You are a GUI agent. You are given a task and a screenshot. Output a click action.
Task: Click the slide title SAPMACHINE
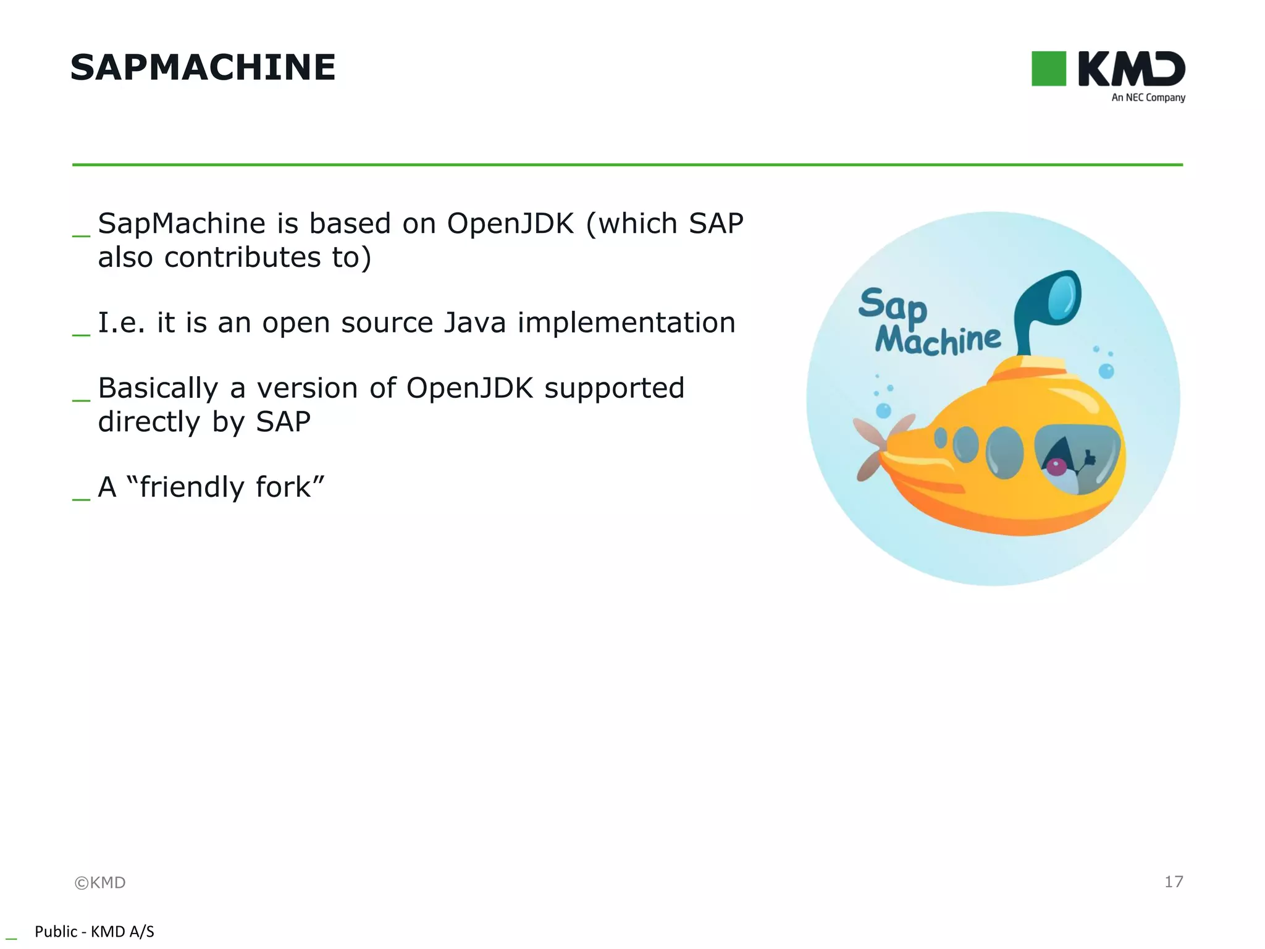[203, 67]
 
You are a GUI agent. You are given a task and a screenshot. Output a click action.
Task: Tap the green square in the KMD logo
[1048, 69]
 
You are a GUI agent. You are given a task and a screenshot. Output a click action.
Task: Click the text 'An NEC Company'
[1148, 98]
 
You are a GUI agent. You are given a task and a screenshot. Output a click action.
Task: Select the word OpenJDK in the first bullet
[510, 224]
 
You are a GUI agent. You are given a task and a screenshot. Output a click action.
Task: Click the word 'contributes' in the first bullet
[242, 258]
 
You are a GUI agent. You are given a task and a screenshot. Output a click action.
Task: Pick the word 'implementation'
[626, 323]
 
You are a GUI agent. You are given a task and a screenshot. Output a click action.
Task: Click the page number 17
[1173, 882]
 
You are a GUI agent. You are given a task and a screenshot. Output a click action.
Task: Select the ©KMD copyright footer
[100, 882]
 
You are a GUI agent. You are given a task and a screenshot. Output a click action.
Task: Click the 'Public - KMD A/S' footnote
[94, 931]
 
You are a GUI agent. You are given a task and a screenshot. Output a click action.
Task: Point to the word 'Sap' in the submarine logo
[892, 306]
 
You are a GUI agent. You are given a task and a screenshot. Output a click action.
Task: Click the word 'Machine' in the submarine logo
[937, 340]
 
